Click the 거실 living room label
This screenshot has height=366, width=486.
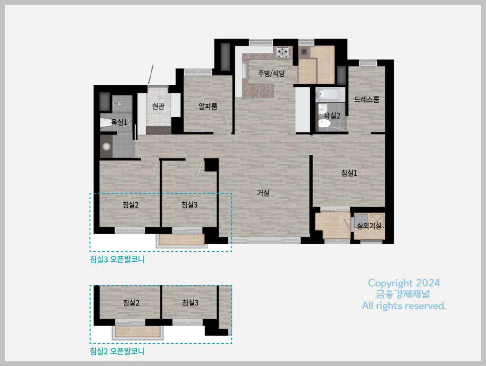263,193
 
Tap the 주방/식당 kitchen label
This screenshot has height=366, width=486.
271,73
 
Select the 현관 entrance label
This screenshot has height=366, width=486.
158,106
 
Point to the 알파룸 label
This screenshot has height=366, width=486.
208,106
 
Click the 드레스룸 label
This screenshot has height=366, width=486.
367,99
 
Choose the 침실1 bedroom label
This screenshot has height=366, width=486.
349,173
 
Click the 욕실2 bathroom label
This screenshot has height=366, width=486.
332,115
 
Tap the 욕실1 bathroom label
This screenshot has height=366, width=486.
119,122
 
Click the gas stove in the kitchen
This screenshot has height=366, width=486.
283,52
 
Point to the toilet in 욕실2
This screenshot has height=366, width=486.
324,124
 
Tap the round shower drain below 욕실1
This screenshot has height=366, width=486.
106,147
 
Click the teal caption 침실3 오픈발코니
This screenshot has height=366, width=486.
117,259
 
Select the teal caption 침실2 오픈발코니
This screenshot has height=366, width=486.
117,351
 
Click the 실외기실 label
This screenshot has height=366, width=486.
369,226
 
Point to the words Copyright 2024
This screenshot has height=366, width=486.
404,283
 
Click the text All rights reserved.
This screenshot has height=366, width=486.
404,306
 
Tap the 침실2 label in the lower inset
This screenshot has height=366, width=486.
131,303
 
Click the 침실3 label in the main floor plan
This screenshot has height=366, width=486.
189,205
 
